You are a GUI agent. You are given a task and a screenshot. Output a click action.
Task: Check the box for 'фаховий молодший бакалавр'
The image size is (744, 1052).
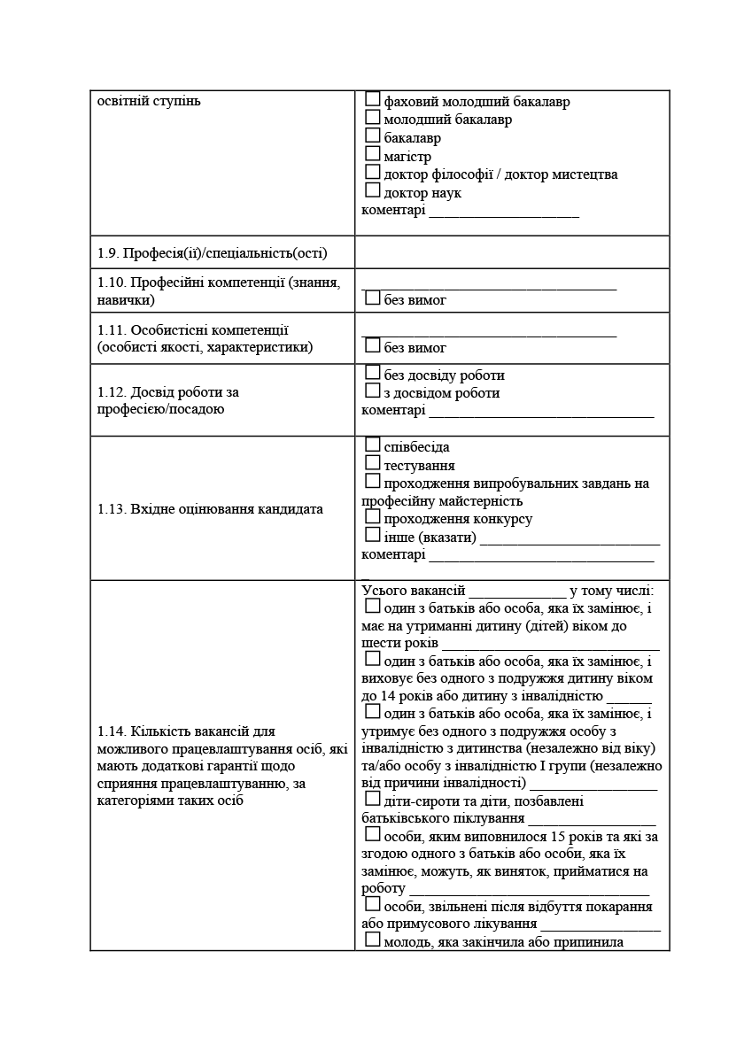pos(373,100)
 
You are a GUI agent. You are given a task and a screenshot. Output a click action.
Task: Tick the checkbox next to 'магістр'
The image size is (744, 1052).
pos(373,155)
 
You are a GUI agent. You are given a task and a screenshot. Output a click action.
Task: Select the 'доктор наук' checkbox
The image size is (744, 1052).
pos(373,191)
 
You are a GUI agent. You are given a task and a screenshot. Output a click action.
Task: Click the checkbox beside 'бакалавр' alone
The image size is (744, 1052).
pos(373,136)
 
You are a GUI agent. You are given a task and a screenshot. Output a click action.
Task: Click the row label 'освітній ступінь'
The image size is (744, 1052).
pos(149,101)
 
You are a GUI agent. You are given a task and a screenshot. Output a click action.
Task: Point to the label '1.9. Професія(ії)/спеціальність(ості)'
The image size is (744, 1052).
pos(213,253)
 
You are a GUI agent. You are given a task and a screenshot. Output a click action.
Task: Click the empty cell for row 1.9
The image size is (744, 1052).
pos(512,252)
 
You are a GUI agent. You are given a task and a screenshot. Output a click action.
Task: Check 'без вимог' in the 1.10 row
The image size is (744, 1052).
pos(373,299)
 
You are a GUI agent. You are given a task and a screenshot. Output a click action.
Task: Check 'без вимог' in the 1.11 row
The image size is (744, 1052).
pos(373,346)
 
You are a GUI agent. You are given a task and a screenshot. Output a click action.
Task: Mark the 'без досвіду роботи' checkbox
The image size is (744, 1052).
pos(373,374)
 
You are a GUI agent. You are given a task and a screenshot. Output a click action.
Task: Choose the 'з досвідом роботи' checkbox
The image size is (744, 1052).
pos(373,391)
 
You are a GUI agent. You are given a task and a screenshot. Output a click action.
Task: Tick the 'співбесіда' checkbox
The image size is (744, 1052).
pos(373,445)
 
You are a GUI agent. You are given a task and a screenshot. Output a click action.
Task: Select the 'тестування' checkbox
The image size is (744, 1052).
pos(373,463)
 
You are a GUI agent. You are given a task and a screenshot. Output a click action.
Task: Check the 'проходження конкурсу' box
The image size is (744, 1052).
pos(373,517)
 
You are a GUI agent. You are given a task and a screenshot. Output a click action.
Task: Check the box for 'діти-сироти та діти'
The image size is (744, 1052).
pos(373,801)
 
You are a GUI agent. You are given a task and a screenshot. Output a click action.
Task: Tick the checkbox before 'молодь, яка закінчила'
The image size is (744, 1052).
pos(373,940)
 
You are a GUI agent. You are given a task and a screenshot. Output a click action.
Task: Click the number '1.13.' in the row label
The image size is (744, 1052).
pos(112,509)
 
